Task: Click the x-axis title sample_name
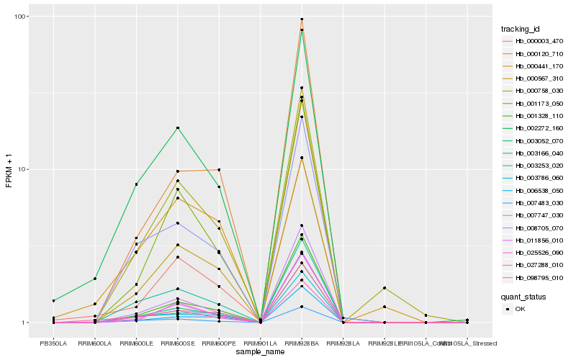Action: click(260, 351)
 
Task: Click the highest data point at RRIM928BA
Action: click(302, 19)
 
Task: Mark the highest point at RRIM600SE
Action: click(178, 128)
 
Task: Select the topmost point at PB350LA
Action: click(53, 300)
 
